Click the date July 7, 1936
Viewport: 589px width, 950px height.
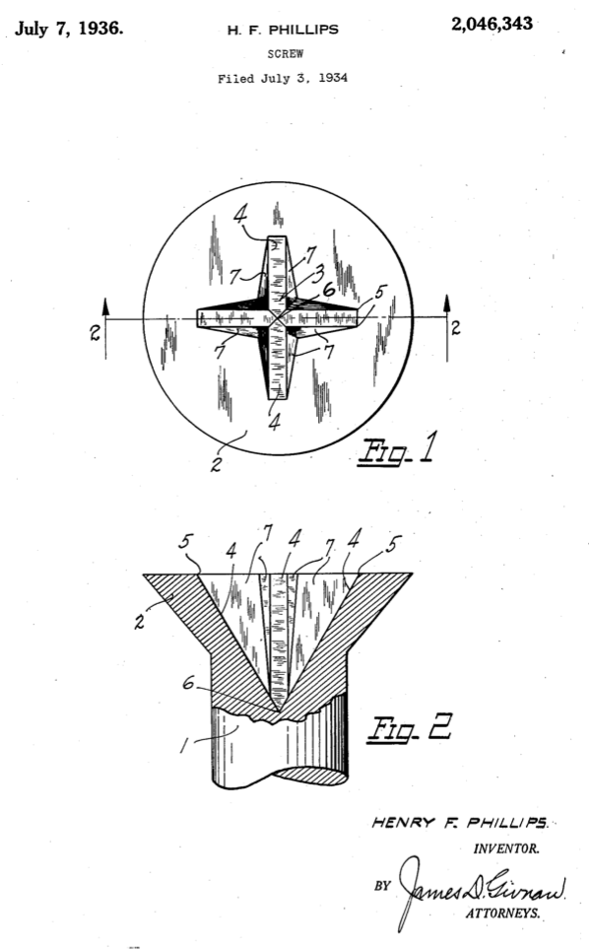(69, 27)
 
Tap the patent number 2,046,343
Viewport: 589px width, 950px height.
(491, 25)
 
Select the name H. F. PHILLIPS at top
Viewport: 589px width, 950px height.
(283, 30)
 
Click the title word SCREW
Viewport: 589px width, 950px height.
(284, 54)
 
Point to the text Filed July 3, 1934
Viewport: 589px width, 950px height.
(283, 78)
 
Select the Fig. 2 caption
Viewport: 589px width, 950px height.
(412, 730)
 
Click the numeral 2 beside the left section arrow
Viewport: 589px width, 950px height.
(95, 332)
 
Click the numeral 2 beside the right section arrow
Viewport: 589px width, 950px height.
(456, 327)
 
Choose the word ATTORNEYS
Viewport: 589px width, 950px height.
(501, 914)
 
